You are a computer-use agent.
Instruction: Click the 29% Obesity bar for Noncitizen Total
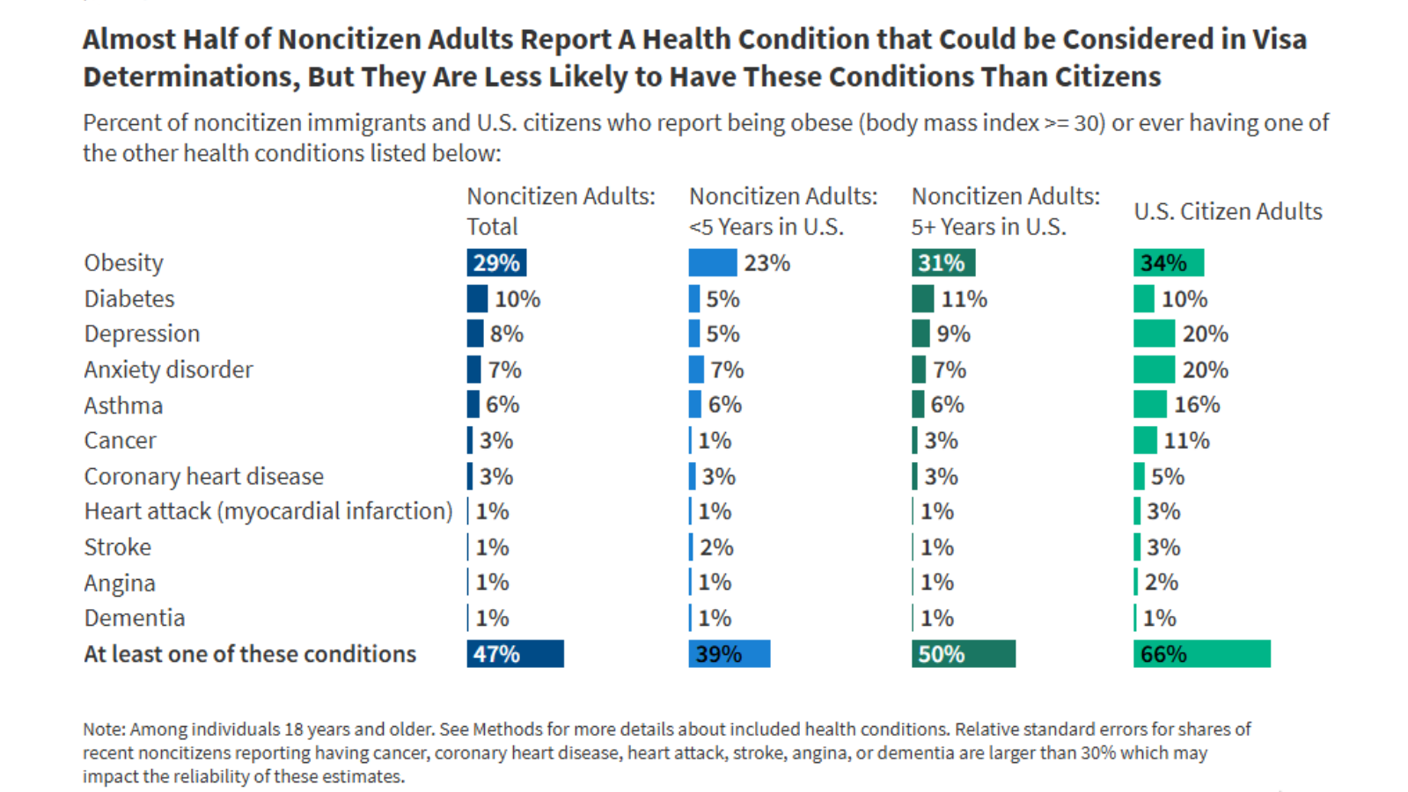pyautogui.click(x=496, y=262)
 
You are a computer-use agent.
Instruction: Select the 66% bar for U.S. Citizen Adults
pyautogui.click(x=1201, y=654)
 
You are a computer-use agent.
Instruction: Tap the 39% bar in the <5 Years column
pyautogui.click(x=729, y=654)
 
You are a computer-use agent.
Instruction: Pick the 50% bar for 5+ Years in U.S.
pyautogui.click(x=963, y=654)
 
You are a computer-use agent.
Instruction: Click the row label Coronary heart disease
pyautogui.click(x=203, y=476)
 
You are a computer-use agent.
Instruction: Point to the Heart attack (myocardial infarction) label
pyautogui.click(x=268, y=511)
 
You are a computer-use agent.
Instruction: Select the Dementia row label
pyautogui.click(x=135, y=618)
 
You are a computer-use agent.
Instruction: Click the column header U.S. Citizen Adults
pyautogui.click(x=1228, y=211)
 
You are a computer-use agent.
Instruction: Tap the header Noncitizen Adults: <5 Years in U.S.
pyautogui.click(x=782, y=211)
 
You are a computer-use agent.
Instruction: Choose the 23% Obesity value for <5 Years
pyautogui.click(x=766, y=263)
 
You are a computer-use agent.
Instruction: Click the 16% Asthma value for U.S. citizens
pyautogui.click(x=1197, y=405)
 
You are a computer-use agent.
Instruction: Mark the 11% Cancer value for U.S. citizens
pyautogui.click(x=1186, y=440)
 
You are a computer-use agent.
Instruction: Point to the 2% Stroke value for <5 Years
pyautogui.click(x=716, y=547)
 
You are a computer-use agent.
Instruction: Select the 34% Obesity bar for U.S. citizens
pyautogui.click(x=1168, y=262)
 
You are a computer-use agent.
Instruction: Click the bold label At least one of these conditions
pyautogui.click(x=250, y=654)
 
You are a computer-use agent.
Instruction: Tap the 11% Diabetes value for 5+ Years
pyautogui.click(x=964, y=299)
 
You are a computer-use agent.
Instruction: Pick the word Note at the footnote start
pyautogui.click(x=103, y=730)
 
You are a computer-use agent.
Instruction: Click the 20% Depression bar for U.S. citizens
pyautogui.click(x=1154, y=334)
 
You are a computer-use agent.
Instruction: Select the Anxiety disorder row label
pyautogui.click(x=168, y=370)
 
